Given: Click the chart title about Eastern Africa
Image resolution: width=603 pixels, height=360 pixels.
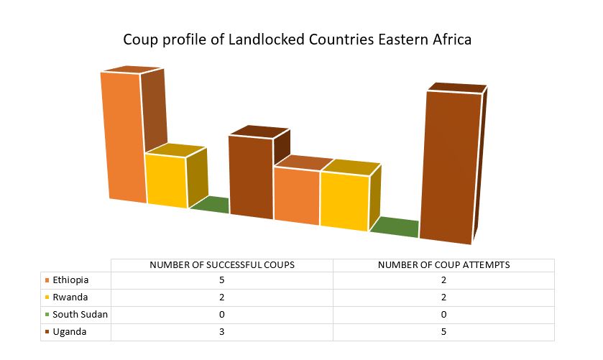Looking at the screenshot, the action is (297, 40).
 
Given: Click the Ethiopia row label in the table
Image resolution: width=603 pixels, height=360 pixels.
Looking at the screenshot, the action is (70, 280).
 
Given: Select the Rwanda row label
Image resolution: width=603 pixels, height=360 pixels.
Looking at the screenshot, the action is (70, 297).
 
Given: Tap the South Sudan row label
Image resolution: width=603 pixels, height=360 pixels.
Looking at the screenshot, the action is (80, 315).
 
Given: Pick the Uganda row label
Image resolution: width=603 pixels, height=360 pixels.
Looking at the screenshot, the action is (70, 332).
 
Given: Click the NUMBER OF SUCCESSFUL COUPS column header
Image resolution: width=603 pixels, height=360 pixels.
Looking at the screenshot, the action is (222, 265).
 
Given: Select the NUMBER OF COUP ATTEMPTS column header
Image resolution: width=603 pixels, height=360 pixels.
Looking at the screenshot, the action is (443, 265).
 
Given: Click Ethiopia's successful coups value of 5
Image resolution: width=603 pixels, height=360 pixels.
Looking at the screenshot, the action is (222, 280).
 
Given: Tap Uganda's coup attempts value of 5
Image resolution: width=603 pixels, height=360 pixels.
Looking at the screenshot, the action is (443, 332).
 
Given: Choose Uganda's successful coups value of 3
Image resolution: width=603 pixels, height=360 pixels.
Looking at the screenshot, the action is (222, 332).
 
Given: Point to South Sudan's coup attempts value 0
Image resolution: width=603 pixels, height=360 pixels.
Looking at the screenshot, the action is (443, 315).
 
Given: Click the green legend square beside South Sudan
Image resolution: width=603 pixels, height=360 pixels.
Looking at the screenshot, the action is (47, 315).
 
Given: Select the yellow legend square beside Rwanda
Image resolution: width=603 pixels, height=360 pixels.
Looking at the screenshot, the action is (47, 297).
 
